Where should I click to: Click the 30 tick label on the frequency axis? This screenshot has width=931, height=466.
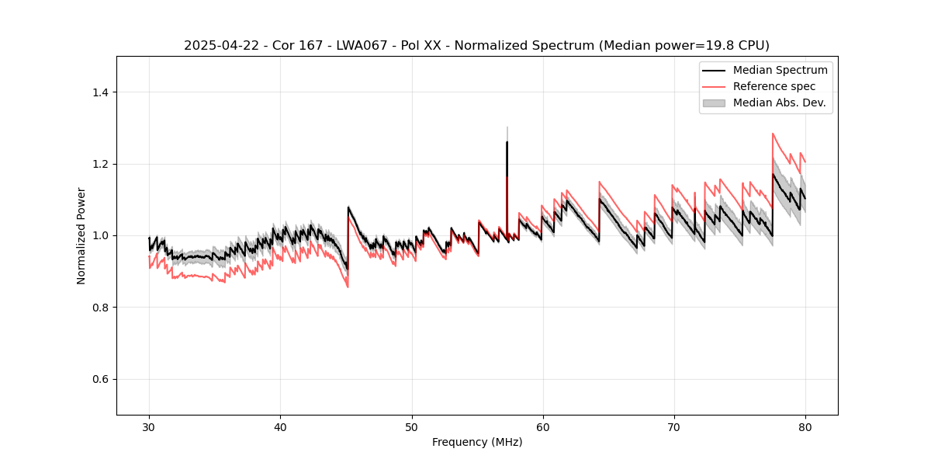click(x=149, y=427)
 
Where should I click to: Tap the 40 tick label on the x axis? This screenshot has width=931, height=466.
click(x=280, y=427)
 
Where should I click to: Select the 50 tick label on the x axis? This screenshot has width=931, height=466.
click(x=411, y=427)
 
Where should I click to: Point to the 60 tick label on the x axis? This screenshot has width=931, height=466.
click(x=542, y=427)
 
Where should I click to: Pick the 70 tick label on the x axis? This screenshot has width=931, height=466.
click(x=673, y=427)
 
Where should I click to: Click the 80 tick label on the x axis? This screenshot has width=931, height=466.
click(x=805, y=427)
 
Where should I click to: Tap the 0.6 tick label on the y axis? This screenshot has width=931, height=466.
click(x=100, y=380)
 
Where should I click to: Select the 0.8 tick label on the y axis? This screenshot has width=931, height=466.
click(x=100, y=308)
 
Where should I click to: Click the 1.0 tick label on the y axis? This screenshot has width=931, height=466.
click(x=100, y=236)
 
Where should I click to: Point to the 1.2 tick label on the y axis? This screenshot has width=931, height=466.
click(x=100, y=164)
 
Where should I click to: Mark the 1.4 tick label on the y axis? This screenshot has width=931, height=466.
click(x=100, y=92)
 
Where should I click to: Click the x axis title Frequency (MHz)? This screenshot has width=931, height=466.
click(x=477, y=443)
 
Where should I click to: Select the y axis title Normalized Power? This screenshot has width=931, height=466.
click(x=81, y=235)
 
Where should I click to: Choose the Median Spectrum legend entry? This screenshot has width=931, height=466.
click(x=780, y=70)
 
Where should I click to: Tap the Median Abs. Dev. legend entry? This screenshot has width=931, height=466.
click(x=779, y=103)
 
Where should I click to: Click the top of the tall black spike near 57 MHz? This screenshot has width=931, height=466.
click(x=507, y=142)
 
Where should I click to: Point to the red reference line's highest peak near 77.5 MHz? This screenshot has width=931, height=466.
click(x=773, y=134)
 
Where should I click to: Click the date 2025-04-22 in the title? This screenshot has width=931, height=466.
click(x=217, y=46)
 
